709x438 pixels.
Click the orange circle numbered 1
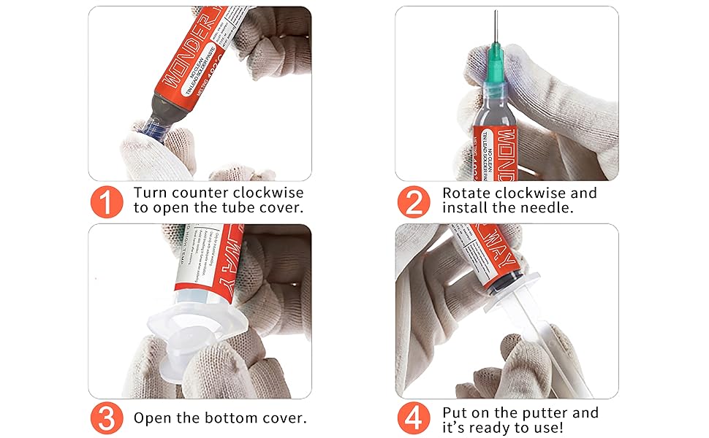pos(106,201)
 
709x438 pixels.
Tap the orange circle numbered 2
pos(414,201)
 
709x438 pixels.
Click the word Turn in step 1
pos(151,193)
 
